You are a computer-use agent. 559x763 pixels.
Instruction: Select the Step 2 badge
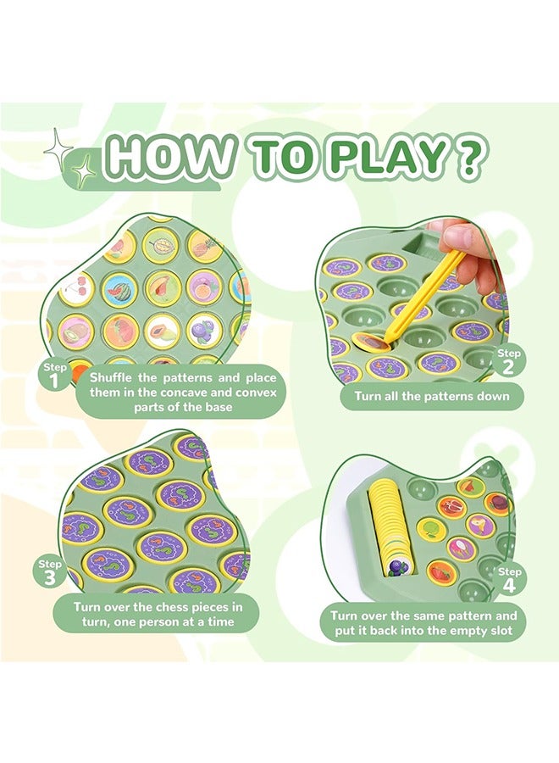tap(510, 359)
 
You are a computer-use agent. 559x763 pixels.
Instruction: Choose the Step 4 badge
tap(510, 578)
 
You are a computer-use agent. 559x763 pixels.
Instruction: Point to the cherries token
tap(76, 288)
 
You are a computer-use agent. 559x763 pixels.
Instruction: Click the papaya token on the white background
tap(162, 331)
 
